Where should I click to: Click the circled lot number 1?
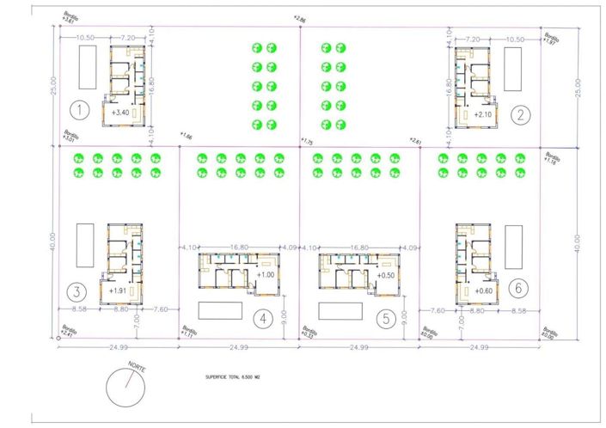click(79, 110)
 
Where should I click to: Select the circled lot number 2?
click(519, 113)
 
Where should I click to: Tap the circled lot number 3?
click(77, 290)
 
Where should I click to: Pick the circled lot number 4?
click(264, 319)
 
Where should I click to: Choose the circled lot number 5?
click(388, 319)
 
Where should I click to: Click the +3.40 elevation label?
click(120, 113)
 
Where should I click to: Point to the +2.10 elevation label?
click(484, 113)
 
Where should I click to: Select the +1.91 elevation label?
click(119, 290)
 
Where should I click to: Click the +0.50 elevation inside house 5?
click(386, 275)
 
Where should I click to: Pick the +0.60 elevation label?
click(482, 290)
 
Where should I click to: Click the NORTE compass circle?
click(126, 388)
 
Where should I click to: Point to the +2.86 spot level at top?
click(298, 18)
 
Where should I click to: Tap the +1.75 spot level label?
click(306, 141)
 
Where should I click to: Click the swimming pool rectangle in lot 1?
click(87, 65)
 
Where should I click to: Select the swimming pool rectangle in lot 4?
click(221, 310)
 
